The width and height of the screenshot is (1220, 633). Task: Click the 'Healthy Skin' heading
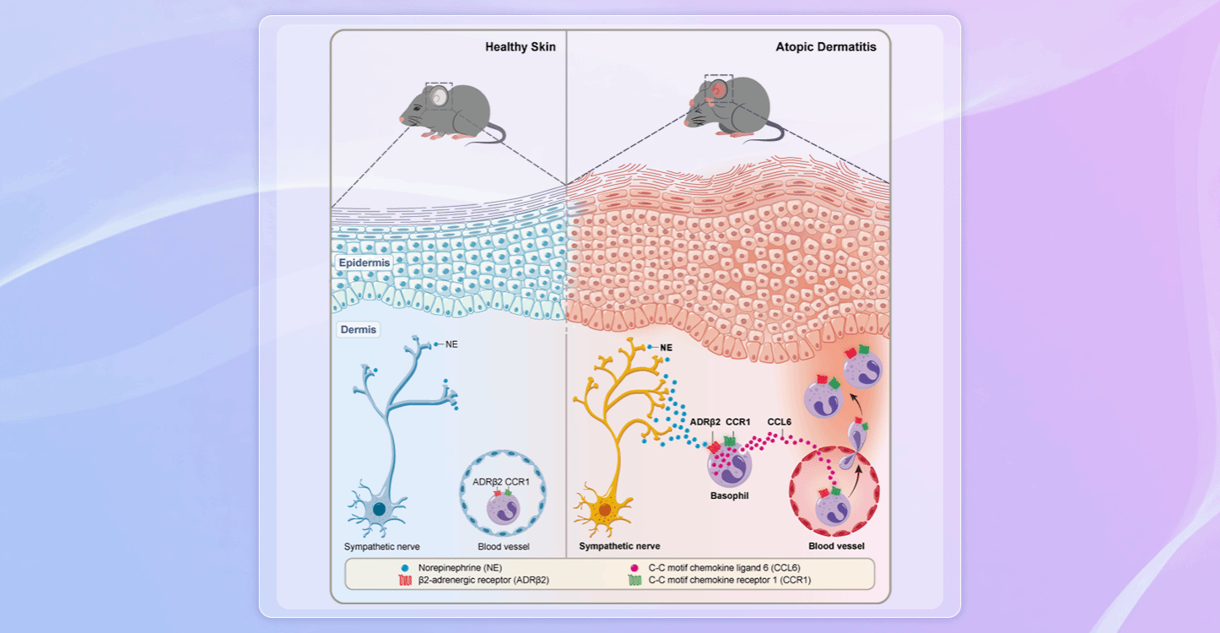(x=520, y=47)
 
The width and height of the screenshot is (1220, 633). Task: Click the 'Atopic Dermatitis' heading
(x=825, y=47)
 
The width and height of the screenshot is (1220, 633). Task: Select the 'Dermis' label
(x=358, y=329)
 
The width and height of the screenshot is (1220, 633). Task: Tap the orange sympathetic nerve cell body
(x=605, y=510)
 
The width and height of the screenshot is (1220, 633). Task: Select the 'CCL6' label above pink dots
(x=780, y=420)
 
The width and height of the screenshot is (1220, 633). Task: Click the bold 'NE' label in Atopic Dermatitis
(x=666, y=347)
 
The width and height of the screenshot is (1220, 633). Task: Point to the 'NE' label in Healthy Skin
(x=451, y=344)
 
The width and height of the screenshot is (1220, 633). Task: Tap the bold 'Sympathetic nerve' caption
(x=619, y=546)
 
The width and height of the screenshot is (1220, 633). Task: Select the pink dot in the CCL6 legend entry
(x=634, y=569)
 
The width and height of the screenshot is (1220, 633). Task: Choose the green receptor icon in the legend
(x=634, y=580)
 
